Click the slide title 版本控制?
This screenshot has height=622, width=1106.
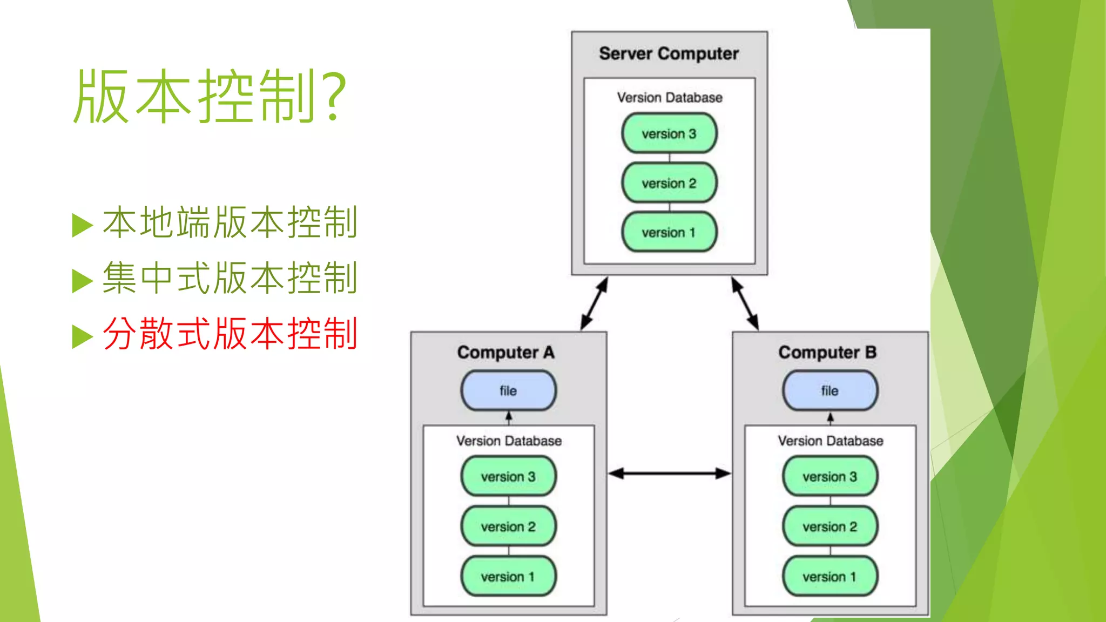[210, 96]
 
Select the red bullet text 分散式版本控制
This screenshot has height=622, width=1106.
[230, 334]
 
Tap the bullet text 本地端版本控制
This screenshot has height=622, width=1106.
[230, 222]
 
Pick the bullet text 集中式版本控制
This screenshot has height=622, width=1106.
[230, 278]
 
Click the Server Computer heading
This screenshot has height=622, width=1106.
[669, 53]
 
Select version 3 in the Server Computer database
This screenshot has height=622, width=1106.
[669, 133]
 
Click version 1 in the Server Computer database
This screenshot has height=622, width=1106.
[669, 232]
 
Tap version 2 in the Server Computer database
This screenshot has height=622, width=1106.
[669, 183]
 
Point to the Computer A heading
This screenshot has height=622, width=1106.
[506, 352]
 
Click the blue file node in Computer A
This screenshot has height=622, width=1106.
[508, 390]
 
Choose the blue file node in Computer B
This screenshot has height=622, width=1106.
[830, 390]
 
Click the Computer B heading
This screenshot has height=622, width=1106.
[827, 352]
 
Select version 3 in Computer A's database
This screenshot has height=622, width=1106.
[508, 476]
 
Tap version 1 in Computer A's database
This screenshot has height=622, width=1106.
[508, 576]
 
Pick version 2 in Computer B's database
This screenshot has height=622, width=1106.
[830, 526]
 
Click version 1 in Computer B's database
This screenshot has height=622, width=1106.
[830, 576]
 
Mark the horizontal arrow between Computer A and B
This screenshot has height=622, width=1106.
[670, 474]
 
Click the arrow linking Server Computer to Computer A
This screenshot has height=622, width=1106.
[594, 303]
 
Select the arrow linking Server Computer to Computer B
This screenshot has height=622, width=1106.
[745, 303]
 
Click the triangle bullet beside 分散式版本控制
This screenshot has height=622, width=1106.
[82, 336]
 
